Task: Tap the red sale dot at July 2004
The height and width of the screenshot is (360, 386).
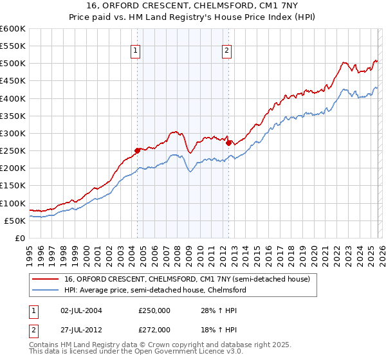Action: coord(137,150)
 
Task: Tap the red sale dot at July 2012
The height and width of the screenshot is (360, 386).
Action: coord(229,143)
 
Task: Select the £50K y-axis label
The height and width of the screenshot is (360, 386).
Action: coord(15,221)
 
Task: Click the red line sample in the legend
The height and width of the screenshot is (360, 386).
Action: coord(47,279)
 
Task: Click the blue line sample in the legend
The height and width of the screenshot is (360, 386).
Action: coord(47,290)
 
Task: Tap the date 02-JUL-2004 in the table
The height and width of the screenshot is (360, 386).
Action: coord(78,310)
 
